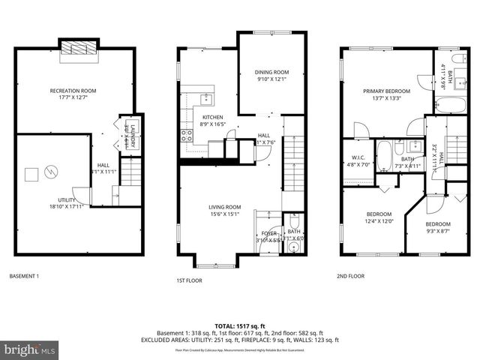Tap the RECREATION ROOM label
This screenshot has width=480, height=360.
pos(73,91)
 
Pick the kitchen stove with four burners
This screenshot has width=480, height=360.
pos(186,136)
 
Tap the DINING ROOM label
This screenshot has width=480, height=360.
pos(272,72)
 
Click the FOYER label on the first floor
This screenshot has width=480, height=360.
pos(269,233)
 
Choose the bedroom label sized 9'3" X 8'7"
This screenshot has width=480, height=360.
pos(438,224)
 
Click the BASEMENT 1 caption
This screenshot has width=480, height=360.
pos(24,277)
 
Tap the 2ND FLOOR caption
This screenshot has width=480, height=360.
pos(350,277)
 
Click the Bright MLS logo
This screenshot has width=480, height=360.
pos(30,349)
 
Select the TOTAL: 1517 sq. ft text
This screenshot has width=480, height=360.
pos(240,326)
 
